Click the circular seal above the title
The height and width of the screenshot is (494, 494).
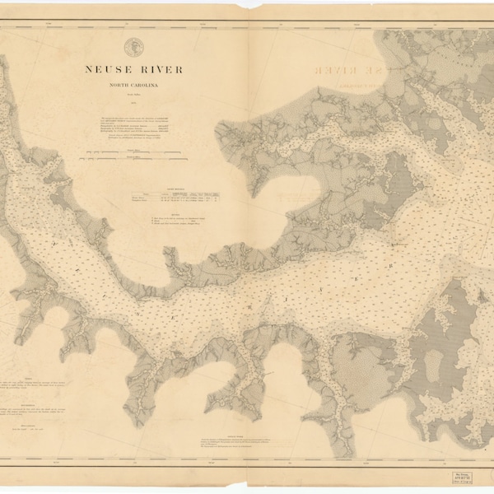coord(133,47)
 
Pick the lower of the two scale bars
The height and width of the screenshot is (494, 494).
coord(132,165)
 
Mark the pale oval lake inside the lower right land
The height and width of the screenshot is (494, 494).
coord(373,373)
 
